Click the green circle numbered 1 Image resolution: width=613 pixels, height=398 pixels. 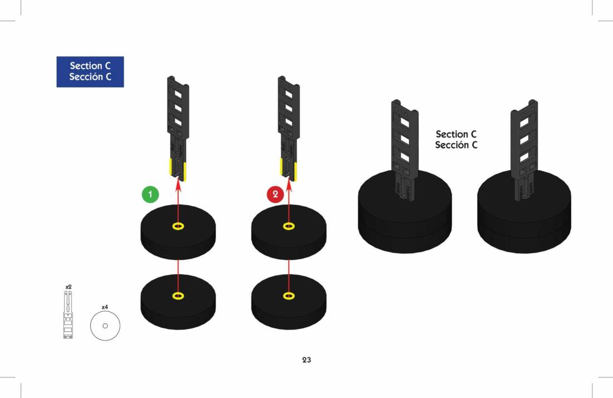tap(150, 195)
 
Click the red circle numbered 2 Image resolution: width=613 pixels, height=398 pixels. tap(275, 195)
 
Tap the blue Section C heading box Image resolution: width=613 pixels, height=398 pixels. tap(90, 71)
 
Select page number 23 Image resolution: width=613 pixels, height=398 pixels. tap(306, 360)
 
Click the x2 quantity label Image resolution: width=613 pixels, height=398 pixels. tap(69, 287)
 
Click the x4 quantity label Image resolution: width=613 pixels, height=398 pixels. tap(105, 307)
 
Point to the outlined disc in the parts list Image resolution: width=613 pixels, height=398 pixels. tap(105, 326)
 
